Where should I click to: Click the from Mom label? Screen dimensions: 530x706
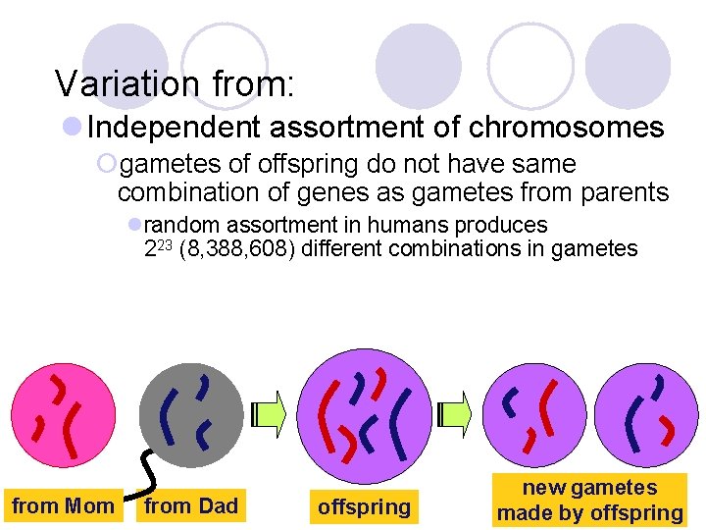coord(62,506)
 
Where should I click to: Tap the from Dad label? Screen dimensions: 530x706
coord(190,506)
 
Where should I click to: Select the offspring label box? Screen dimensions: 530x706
coord(364,506)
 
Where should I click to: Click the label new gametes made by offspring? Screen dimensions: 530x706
coord(589,501)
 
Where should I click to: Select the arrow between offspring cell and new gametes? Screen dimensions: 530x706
coord(455,413)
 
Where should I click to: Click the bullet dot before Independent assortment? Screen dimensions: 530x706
coord(72,128)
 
